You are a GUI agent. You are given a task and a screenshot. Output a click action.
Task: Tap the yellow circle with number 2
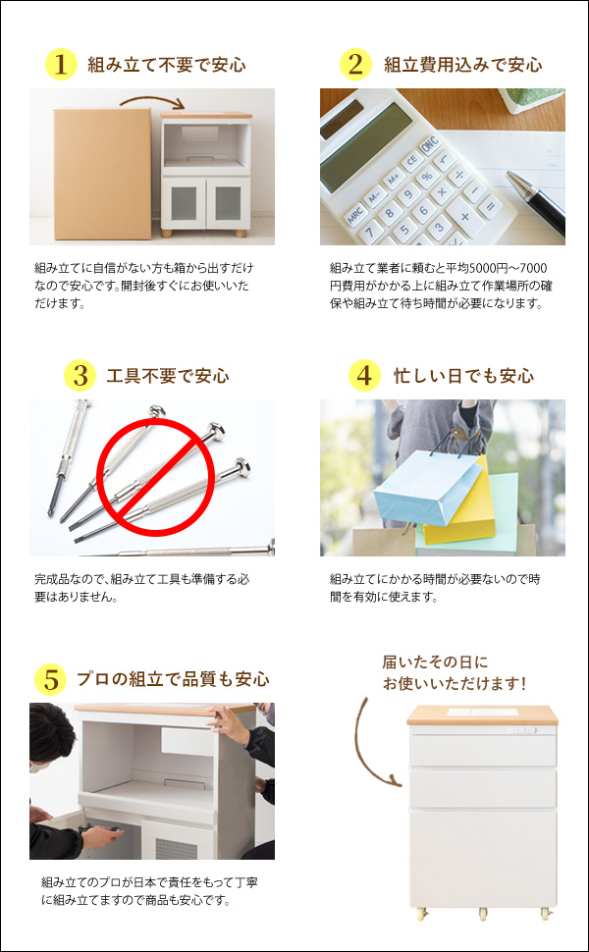pos(355,65)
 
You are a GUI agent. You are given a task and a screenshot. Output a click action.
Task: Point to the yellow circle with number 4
pos(363,376)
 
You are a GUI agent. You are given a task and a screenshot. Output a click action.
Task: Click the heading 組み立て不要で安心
pos(166,66)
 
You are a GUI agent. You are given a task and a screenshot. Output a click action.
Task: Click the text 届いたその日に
pos(434,662)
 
